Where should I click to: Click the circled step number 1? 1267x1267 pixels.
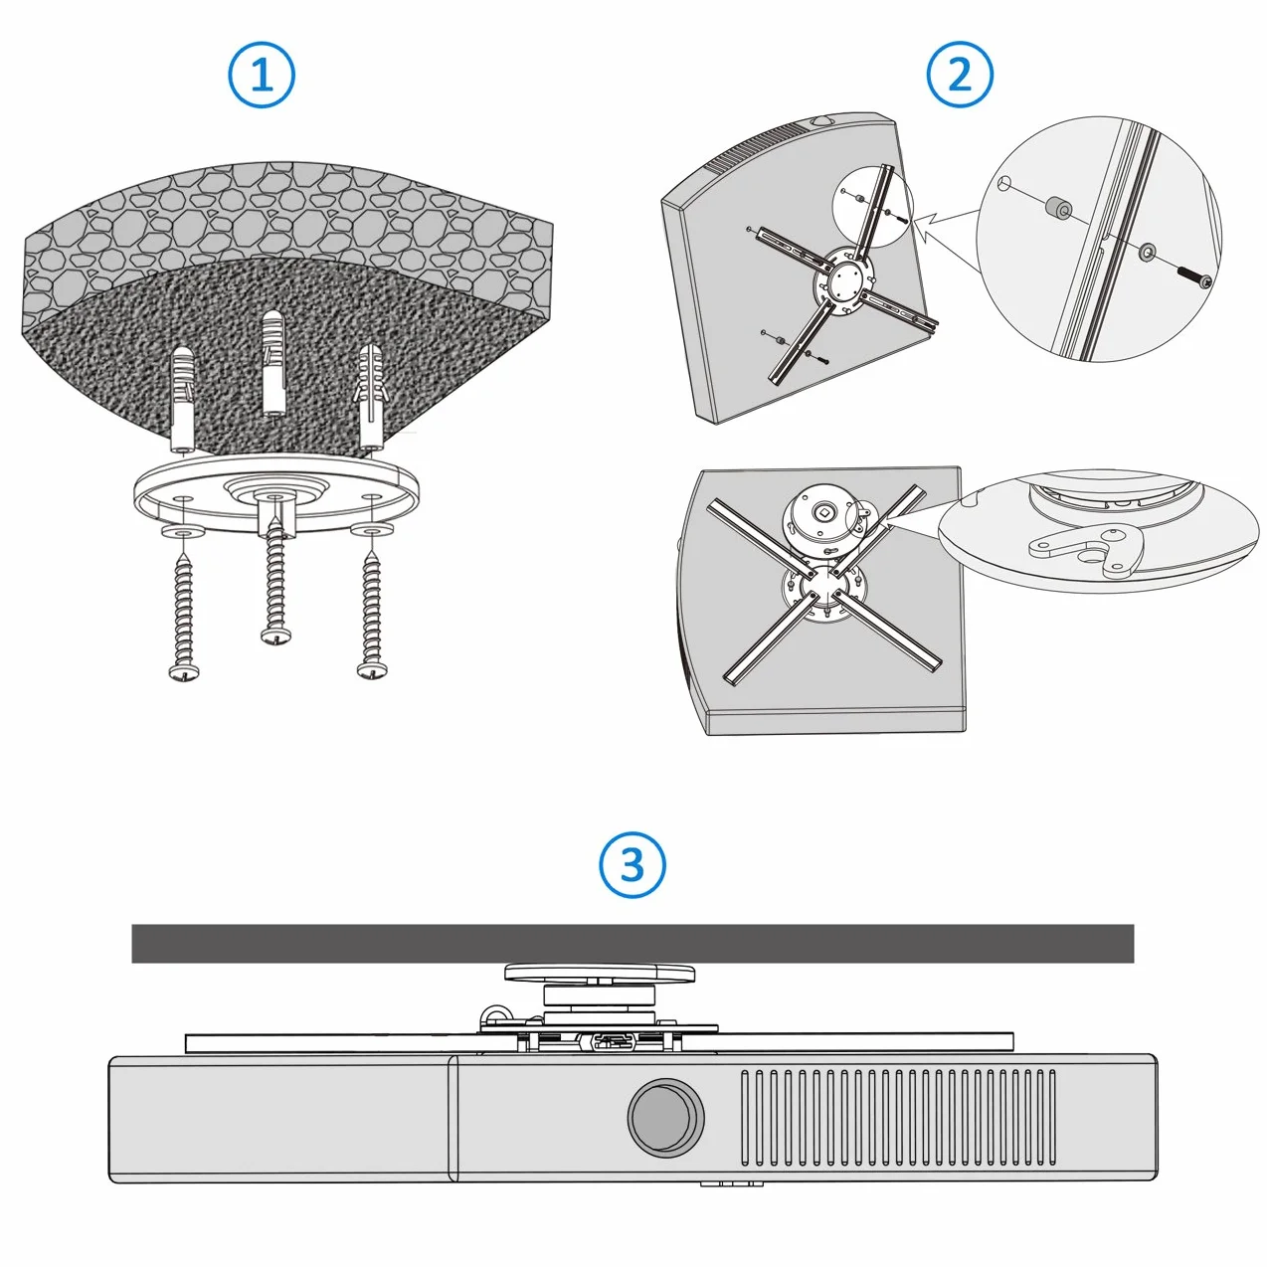(261, 75)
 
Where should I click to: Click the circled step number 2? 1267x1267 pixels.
(960, 75)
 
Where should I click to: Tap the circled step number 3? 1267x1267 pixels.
(632, 864)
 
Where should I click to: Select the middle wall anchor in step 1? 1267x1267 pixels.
(274, 363)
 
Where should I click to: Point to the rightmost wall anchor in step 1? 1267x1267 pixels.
(369, 397)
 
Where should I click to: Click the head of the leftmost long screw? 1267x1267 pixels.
(183, 671)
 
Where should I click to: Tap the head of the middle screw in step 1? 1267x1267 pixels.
(275, 635)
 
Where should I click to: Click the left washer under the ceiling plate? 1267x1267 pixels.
(181, 529)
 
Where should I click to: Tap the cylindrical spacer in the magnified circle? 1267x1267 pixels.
(1058, 208)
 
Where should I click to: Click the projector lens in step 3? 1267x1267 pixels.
(666, 1117)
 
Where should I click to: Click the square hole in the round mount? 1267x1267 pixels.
(822, 509)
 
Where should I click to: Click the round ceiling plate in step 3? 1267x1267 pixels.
(599, 973)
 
